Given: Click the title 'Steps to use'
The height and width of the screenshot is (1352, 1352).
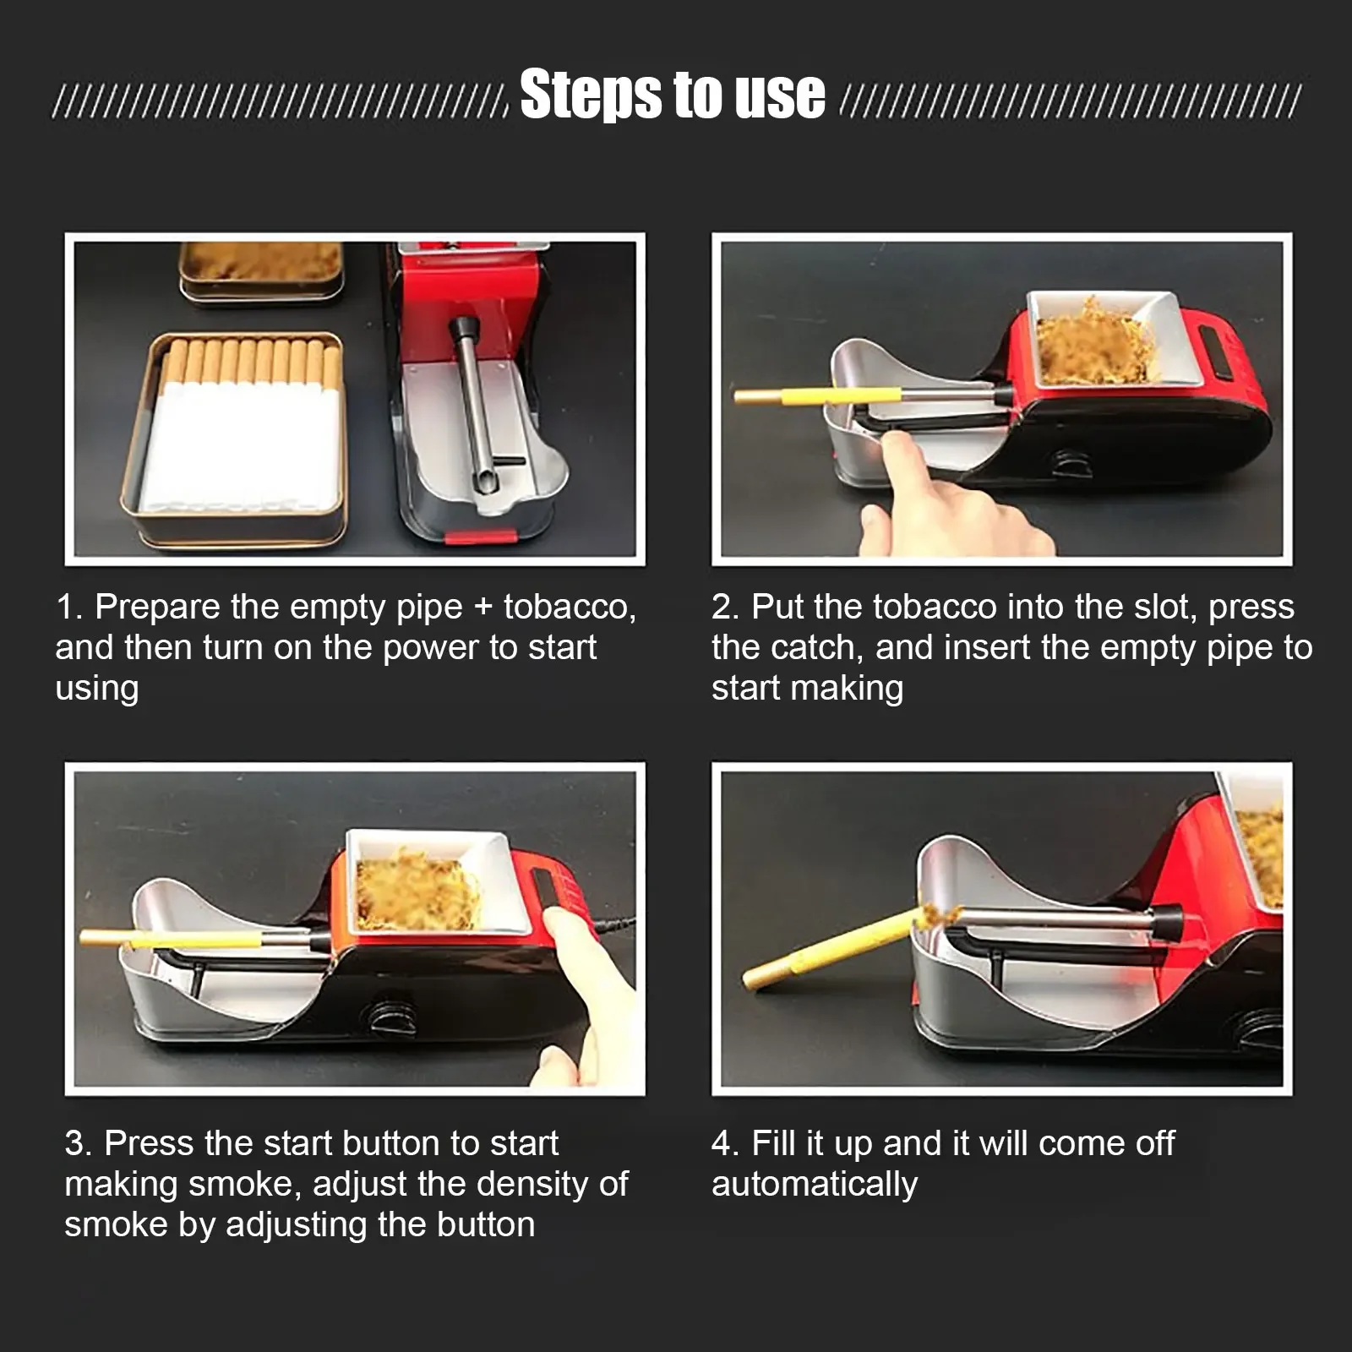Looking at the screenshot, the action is tap(673, 94).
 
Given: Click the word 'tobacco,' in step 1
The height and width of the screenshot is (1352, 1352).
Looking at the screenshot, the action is tap(570, 608).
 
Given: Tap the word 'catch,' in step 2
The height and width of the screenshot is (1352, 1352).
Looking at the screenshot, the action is tap(816, 648).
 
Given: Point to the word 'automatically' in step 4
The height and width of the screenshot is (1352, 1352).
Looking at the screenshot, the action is tap(815, 1184).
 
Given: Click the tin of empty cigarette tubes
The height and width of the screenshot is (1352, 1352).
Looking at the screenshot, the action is tap(233, 437).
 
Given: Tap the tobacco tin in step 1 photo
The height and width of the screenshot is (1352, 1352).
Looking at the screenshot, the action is tap(262, 270).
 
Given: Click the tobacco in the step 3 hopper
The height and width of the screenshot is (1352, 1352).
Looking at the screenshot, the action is tap(416, 891).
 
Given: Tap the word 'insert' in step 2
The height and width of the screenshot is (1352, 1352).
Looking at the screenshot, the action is tap(990, 648).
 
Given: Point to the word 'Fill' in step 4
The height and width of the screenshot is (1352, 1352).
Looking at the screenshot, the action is tap(773, 1143).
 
